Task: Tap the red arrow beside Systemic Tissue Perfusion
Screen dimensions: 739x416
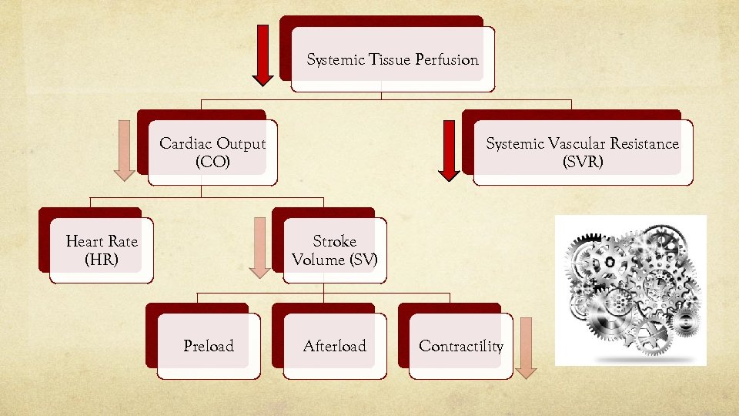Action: (x=262, y=54)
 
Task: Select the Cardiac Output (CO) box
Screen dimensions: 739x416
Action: (x=212, y=153)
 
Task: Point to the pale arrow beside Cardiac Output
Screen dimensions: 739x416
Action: (x=125, y=149)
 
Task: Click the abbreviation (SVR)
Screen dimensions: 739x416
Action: (x=583, y=163)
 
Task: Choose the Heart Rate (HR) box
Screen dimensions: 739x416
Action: (x=102, y=250)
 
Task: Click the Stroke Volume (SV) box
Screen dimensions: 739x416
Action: (x=334, y=250)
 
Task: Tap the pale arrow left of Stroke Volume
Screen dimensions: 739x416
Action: (x=260, y=247)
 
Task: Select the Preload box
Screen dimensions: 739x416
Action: (x=208, y=346)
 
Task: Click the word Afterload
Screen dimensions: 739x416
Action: (x=335, y=346)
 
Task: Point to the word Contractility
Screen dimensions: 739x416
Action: (x=461, y=346)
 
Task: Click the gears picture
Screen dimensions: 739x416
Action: (x=630, y=290)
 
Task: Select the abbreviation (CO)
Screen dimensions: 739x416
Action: (x=212, y=163)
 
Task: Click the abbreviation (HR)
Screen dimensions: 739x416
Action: (x=102, y=260)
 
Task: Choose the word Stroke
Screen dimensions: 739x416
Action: (x=334, y=241)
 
